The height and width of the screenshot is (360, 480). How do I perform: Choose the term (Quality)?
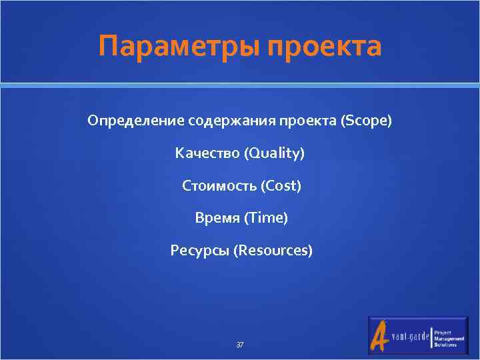(274, 154)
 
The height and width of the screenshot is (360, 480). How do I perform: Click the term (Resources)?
(272, 251)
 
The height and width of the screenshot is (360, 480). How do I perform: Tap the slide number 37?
(240, 345)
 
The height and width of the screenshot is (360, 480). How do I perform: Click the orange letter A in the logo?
(380, 337)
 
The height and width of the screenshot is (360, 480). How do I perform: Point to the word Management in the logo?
(448, 339)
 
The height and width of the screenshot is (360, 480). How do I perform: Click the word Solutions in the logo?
(445, 345)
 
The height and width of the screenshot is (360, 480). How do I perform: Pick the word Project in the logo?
(443, 333)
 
